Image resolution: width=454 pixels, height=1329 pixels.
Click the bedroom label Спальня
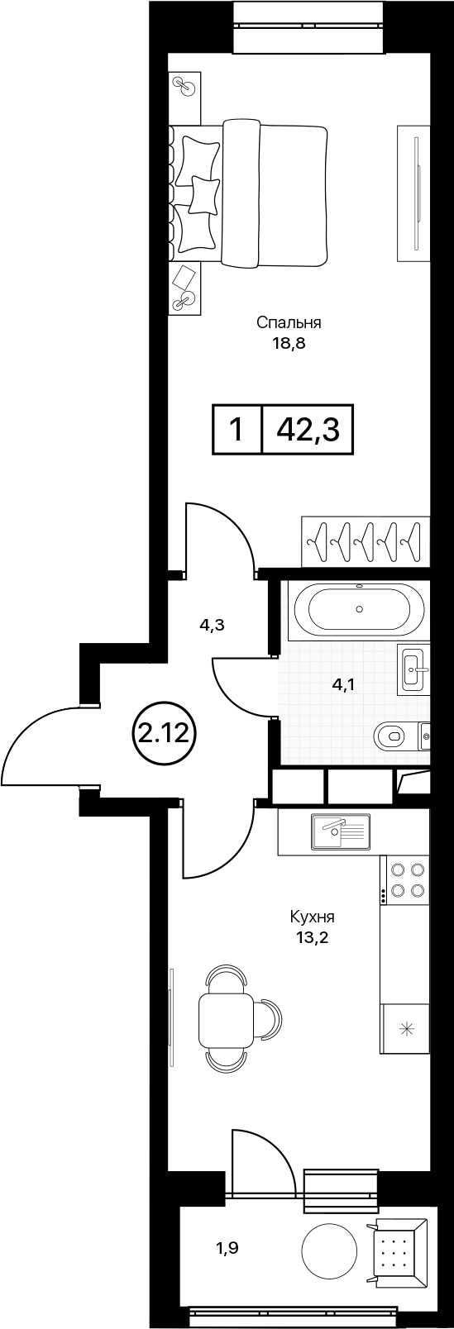click(x=289, y=323)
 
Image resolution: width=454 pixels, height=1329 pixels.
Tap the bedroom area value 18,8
click(x=289, y=344)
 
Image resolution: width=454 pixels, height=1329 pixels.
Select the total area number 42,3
click(x=308, y=430)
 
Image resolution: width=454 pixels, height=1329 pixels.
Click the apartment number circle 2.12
click(x=163, y=735)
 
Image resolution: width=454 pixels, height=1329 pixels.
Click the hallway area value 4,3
click(x=211, y=626)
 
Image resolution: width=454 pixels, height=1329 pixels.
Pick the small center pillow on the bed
click(x=203, y=194)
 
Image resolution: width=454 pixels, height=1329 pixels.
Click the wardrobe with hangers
click(x=365, y=541)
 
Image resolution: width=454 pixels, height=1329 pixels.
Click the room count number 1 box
click(x=237, y=429)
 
